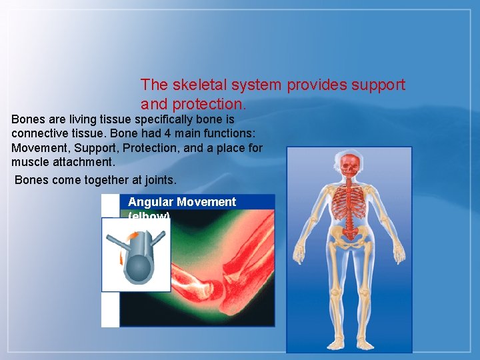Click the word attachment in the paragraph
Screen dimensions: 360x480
click(x=82, y=162)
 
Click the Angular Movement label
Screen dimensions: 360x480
click(x=181, y=202)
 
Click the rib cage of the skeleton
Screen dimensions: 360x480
click(x=349, y=207)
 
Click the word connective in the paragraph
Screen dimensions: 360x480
click(x=38, y=134)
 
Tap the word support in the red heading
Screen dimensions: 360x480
click(x=379, y=85)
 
